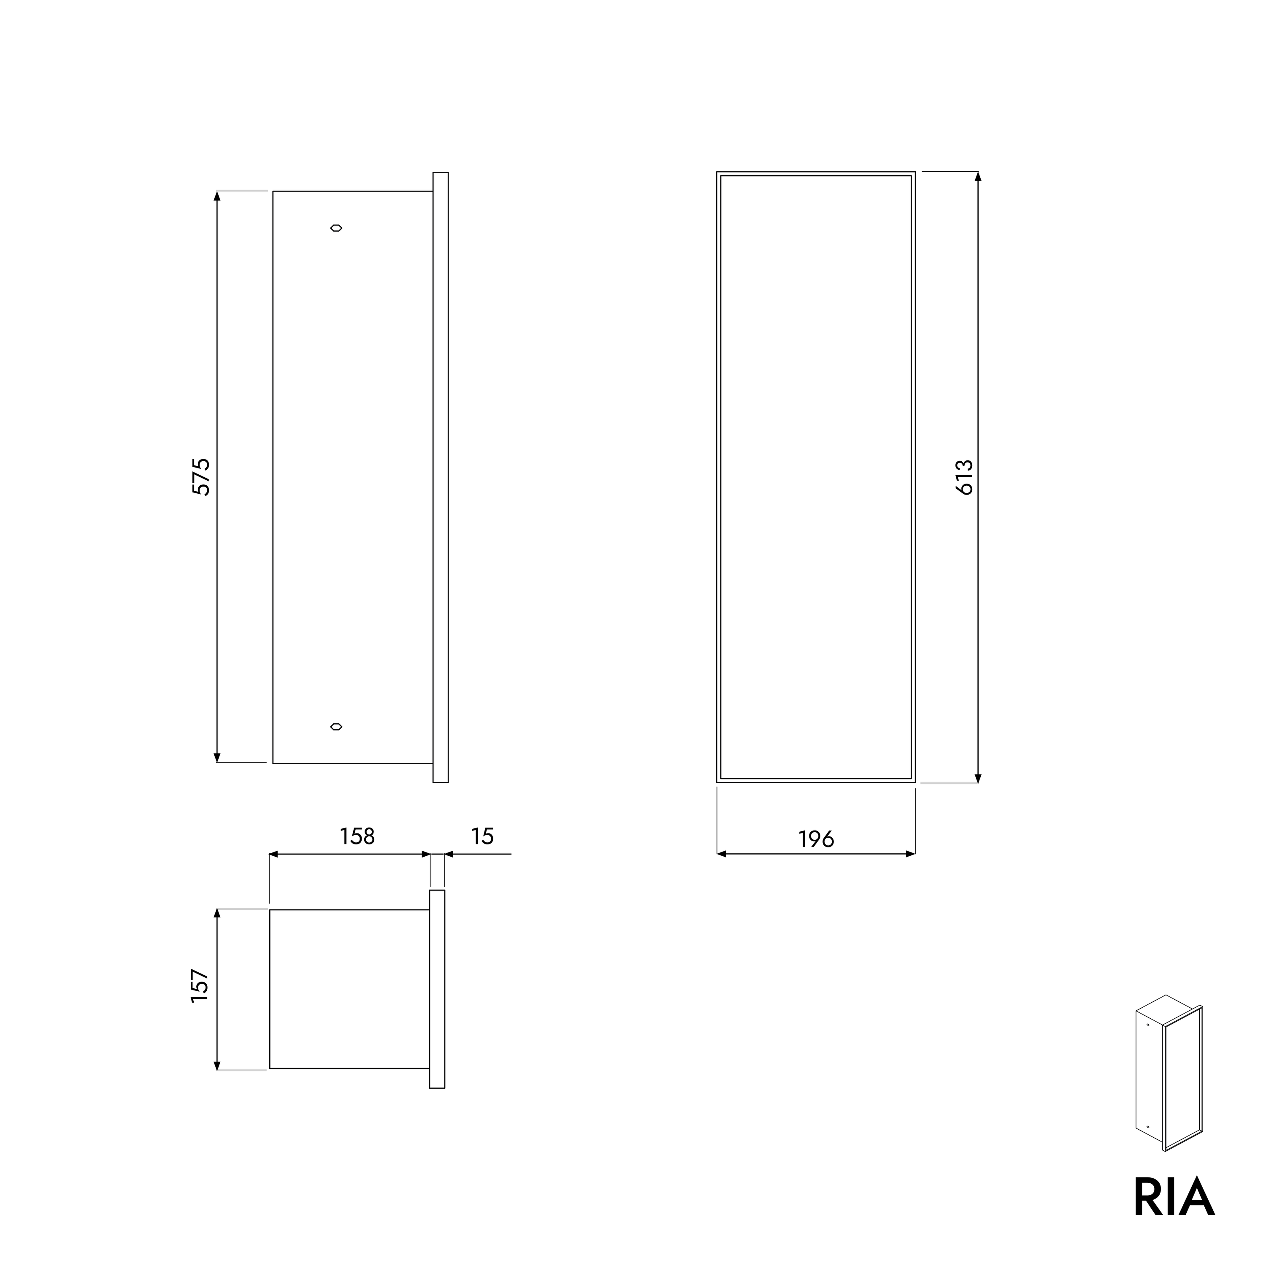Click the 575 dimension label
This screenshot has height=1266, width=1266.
coord(201,477)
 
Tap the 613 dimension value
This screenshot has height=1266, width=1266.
coord(965,477)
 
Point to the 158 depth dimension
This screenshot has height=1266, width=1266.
coord(357,836)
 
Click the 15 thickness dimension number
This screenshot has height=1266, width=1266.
coord(482,836)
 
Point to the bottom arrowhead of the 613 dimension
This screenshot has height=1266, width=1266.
coord(978,778)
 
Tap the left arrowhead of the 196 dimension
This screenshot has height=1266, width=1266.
coord(722,854)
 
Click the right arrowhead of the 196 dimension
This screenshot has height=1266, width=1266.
coord(910,854)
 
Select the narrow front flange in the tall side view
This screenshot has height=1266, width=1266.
coord(440,477)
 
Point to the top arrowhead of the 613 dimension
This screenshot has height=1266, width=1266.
coord(978,176)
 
